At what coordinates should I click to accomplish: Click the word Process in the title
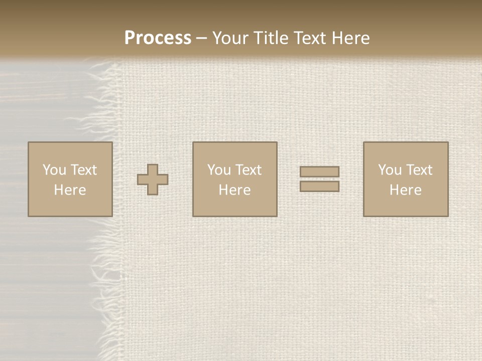pos(158,38)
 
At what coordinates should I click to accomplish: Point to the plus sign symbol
pos(153,179)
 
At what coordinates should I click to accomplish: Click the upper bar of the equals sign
pos(319,172)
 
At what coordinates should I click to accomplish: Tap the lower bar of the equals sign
pos(319,186)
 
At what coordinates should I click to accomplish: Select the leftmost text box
pos(70,179)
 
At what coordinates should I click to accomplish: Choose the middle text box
pos(234,179)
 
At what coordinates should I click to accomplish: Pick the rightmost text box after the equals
pos(405,179)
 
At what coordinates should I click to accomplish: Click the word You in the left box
pos(54,170)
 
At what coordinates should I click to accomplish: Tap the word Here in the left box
pos(70,190)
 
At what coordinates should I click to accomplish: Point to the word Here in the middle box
pos(234,190)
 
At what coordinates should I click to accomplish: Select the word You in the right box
pos(390,170)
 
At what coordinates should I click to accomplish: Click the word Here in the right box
pos(405,190)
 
